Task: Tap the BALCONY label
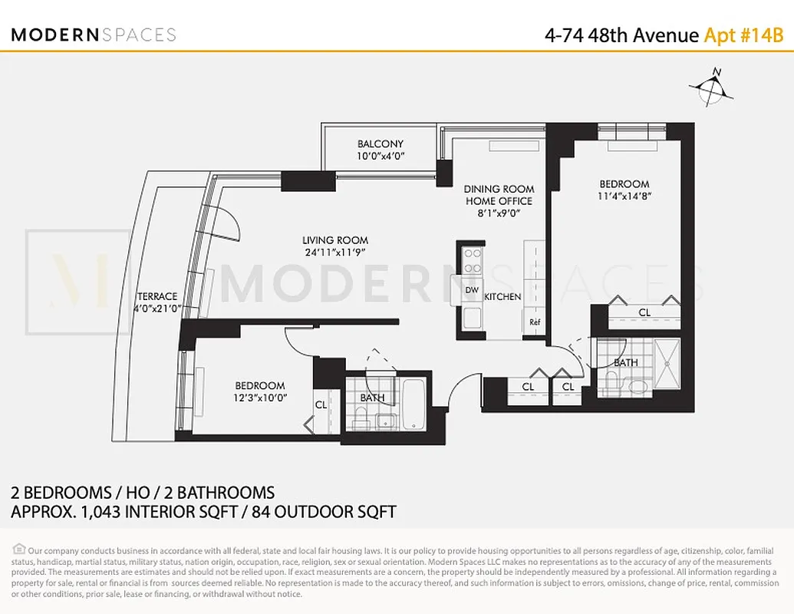click(380, 144)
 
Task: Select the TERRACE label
click(157, 296)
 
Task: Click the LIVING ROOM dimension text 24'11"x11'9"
click(335, 252)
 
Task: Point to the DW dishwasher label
click(472, 290)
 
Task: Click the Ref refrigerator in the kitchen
click(535, 322)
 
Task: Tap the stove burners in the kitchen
click(473, 261)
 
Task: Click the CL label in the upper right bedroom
click(644, 313)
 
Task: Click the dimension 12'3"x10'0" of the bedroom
click(260, 398)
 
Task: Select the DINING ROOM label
click(499, 189)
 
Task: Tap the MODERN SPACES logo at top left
click(94, 35)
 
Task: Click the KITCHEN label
click(502, 296)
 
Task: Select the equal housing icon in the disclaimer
click(18, 549)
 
